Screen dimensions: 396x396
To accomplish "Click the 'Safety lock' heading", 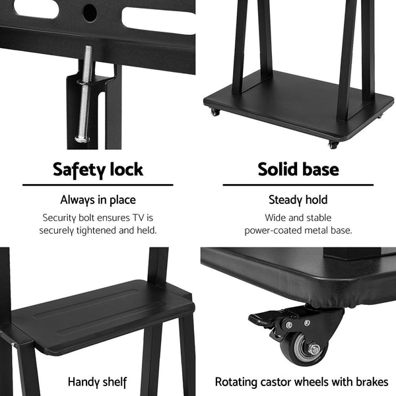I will tap(98, 169).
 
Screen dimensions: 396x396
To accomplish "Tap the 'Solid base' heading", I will tap(298, 169).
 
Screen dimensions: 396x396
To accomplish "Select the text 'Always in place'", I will tap(98, 199).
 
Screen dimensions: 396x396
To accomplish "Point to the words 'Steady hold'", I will tap(298, 199).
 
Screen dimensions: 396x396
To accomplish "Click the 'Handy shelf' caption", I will tap(98, 381).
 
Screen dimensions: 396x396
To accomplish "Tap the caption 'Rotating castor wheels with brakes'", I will tap(302, 381).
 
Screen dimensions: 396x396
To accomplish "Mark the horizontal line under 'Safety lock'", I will tap(98, 185).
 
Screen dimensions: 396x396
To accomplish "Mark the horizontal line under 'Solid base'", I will tap(298, 185).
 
